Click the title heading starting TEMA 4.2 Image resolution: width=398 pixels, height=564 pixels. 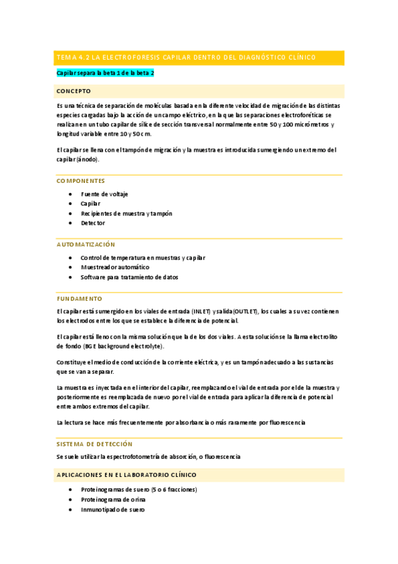(x=187, y=58)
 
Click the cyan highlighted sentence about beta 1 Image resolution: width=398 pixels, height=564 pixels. (x=105, y=72)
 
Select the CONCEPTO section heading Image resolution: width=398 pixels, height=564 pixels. (x=74, y=90)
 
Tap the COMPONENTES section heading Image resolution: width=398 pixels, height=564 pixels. (x=80, y=181)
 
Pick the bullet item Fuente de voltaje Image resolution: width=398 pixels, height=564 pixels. (x=104, y=194)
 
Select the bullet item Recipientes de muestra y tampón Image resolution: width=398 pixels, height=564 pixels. (x=126, y=213)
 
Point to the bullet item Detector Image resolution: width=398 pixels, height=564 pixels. (x=93, y=223)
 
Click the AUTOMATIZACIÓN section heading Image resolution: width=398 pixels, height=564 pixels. (x=86, y=245)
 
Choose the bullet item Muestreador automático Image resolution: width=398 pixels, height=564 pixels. (x=115, y=267)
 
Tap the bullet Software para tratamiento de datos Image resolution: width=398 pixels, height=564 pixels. (x=129, y=277)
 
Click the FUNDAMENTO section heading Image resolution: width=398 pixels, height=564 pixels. (x=79, y=299)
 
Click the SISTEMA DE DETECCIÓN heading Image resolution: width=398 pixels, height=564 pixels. (x=94, y=444)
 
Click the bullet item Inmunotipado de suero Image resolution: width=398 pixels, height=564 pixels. (x=112, y=509)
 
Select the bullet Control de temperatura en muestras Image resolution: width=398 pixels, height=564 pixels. (x=142, y=257)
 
